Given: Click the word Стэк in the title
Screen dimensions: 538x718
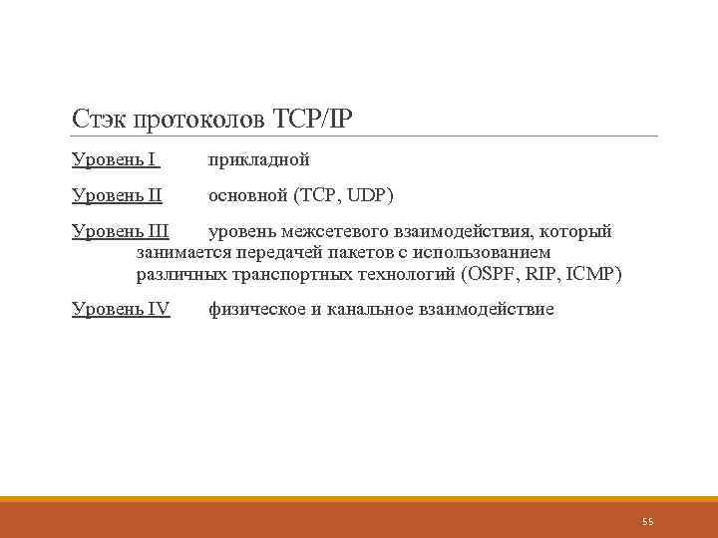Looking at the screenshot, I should [98, 120].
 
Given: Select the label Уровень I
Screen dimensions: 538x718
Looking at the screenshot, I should [115, 158].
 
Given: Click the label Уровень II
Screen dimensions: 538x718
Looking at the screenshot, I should [117, 194].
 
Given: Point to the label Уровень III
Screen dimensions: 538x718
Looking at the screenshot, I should [121, 232].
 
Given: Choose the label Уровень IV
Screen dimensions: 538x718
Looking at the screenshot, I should [121, 309].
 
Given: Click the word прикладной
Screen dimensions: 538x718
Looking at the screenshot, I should [258, 158].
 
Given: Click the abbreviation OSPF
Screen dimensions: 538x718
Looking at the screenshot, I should [492, 273].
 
